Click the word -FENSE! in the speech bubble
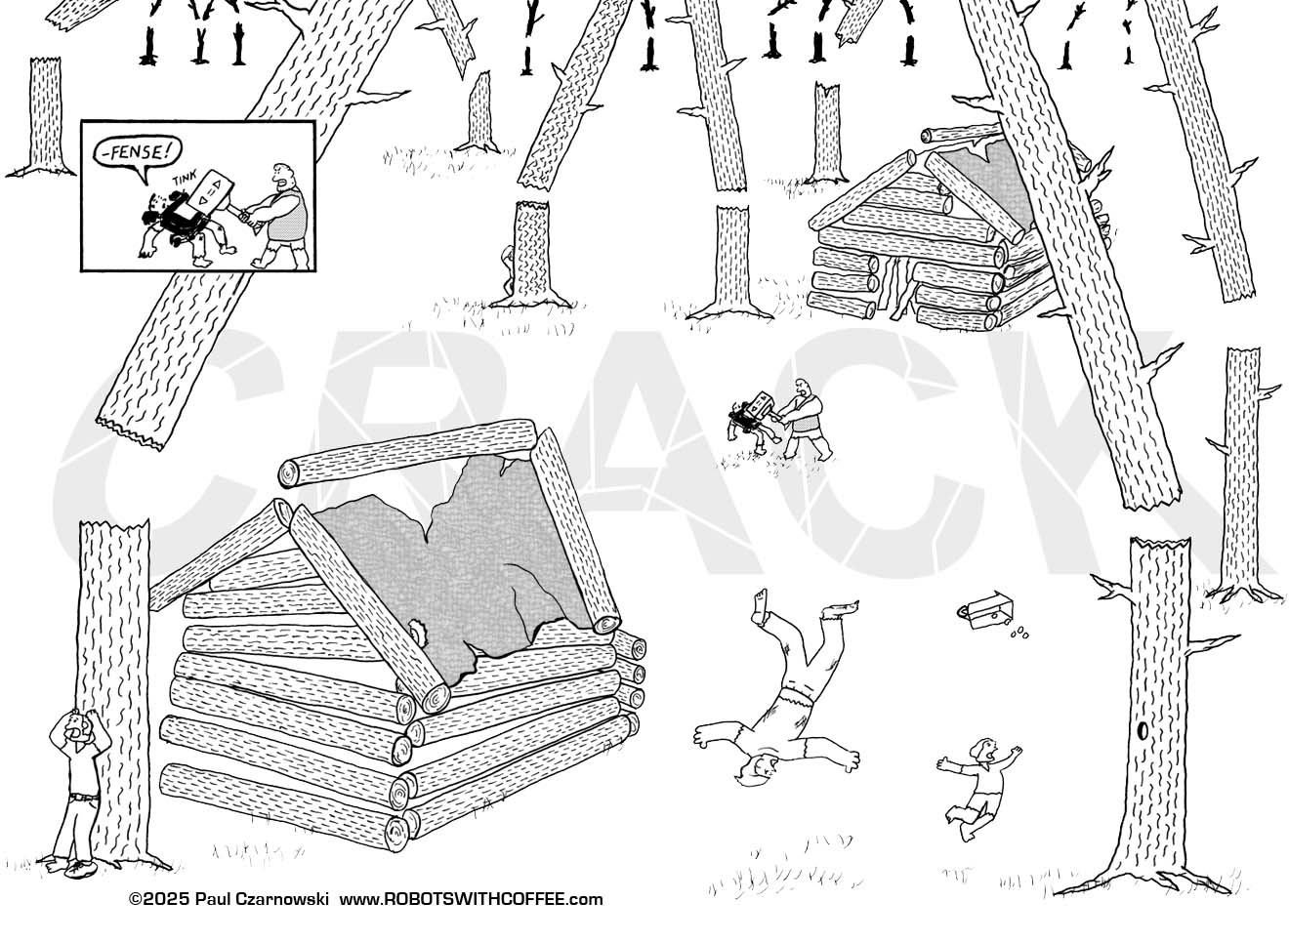click(x=138, y=152)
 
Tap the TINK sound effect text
click(x=185, y=175)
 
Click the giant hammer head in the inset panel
click(x=211, y=189)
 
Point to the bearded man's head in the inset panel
click(x=283, y=178)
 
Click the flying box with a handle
click(x=985, y=613)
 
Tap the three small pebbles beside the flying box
click(x=1020, y=633)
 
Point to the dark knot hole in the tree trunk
click(x=1143, y=731)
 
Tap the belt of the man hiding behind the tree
click(x=83, y=797)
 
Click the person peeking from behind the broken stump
click(x=508, y=268)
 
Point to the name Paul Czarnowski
click(x=262, y=899)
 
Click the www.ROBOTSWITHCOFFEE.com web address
click(x=472, y=899)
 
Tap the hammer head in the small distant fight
click(x=761, y=403)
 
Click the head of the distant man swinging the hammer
click(x=800, y=388)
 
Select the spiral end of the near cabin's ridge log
click(x=289, y=474)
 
